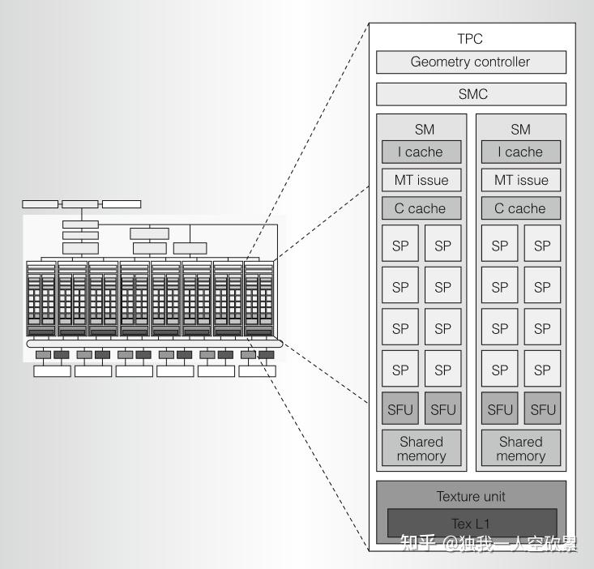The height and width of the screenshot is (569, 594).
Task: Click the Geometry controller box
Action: pos(470,62)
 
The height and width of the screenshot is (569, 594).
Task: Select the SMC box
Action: pos(470,95)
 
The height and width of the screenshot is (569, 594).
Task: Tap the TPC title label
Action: pos(470,39)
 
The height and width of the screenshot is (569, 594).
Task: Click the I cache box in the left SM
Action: pos(421,152)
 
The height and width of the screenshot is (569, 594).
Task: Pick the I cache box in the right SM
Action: pos(520,152)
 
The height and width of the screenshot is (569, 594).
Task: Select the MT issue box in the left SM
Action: pos(421,180)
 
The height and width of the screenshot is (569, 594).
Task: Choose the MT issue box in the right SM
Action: pos(520,180)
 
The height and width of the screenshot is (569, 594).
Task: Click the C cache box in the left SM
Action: pos(421,208)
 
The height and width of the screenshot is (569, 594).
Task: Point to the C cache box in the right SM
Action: pos(520,208)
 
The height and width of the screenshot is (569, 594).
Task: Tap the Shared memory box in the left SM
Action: pos(421,448)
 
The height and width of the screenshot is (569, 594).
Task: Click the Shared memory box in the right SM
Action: pos(520,448)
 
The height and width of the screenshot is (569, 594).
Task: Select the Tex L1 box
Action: pos(471,524)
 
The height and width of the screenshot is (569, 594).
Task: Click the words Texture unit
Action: pos(471,496)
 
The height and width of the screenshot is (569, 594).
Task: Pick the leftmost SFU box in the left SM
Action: pos(400,409)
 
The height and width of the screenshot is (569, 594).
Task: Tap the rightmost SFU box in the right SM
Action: pos(542,409)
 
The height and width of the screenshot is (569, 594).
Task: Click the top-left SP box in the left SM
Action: pos(400,246)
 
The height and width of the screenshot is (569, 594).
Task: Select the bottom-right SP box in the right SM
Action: pos(542,370)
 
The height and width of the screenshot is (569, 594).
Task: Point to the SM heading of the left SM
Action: pos(421,129)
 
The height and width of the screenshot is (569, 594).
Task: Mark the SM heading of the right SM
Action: pos(520,129)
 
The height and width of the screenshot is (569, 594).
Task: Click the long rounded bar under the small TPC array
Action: pos(154,344)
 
